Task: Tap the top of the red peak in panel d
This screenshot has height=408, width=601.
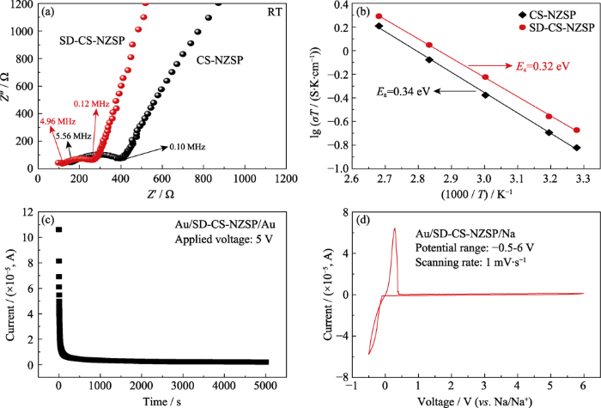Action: [x=394, y=228]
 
